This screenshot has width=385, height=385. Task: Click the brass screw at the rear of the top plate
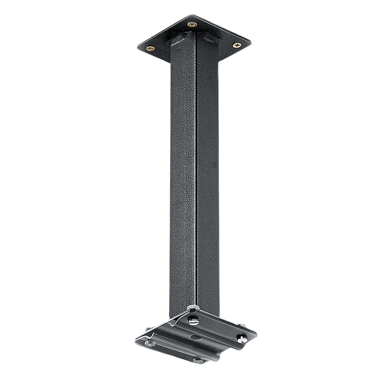click(x=192, y=25)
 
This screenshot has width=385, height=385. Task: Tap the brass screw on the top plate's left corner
click(x=151, y=49)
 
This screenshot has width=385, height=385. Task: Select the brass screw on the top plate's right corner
click(x=236, y=45)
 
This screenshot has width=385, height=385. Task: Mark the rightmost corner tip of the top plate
click(x=251, y=42)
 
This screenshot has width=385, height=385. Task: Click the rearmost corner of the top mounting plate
click(x=191, y=16)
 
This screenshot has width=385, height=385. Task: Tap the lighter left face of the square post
click(x=183, y=173)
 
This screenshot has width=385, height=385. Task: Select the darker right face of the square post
click(x=208, y=173)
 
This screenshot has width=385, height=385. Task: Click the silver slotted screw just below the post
click(x=194, y=320)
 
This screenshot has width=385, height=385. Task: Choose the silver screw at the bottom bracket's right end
click(x=241, y=340)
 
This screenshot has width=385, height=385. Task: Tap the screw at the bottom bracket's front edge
click(x=199, y=361)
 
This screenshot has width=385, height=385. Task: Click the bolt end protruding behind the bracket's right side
click(x=244, y=326)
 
